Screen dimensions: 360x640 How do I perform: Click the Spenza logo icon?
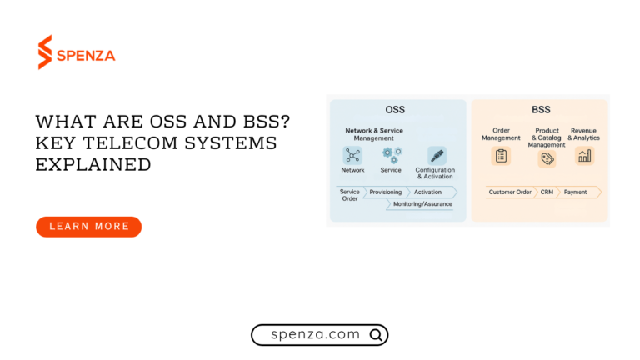45,52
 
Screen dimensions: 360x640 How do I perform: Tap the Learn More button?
88,226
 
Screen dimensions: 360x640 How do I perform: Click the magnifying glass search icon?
376,335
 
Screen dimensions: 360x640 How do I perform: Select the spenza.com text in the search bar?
316,334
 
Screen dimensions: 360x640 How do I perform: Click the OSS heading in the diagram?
395,109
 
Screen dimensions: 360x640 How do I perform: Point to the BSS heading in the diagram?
542,109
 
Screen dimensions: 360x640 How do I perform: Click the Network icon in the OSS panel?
352,155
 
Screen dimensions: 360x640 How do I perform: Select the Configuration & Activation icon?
437,155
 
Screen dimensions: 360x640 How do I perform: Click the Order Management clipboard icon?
501,156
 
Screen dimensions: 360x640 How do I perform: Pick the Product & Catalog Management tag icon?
546,158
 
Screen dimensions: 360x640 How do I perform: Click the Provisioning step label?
386,192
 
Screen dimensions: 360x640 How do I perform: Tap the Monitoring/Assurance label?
423,203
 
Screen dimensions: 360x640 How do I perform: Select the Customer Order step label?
510,192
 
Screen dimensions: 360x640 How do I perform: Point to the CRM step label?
547,192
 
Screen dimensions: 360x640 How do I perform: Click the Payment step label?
575,192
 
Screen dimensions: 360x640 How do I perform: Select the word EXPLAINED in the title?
93,164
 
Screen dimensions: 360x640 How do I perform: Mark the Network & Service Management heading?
374,134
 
